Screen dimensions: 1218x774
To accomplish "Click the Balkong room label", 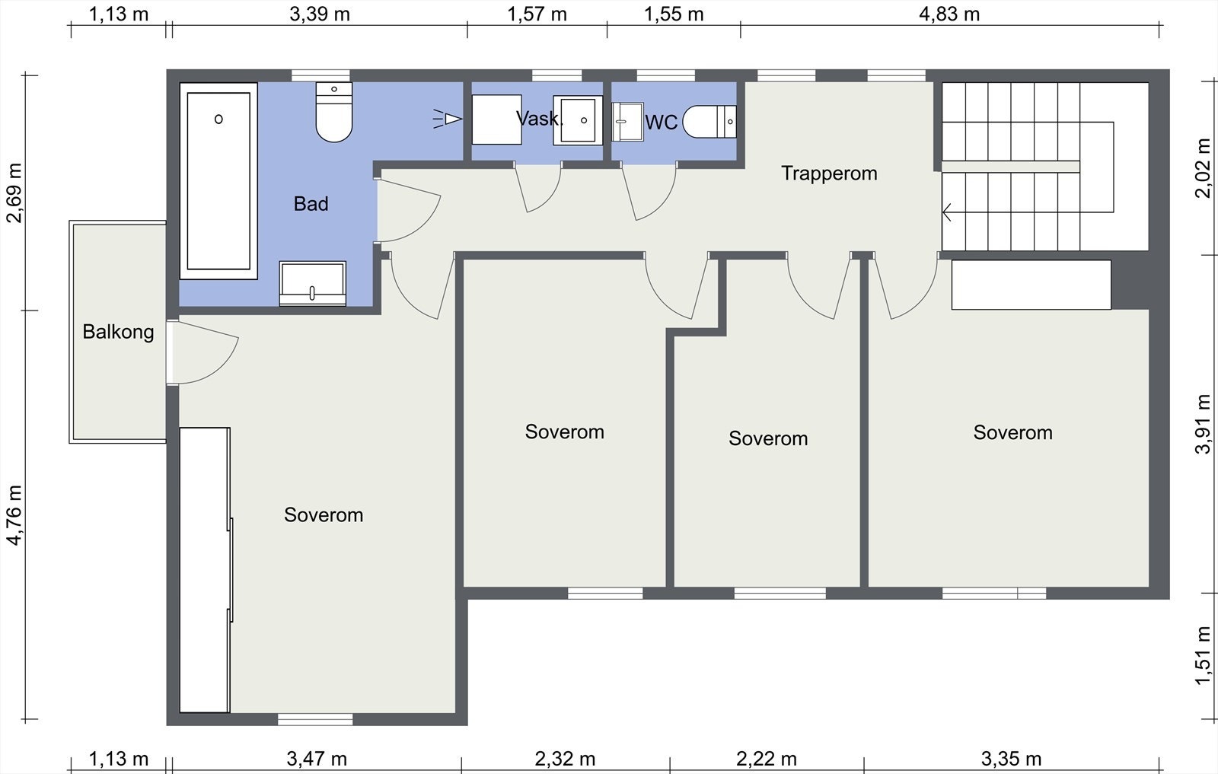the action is coord(118,332).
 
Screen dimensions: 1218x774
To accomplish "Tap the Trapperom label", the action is coord(829,174).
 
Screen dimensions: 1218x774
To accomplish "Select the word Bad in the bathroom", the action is coord(311,204).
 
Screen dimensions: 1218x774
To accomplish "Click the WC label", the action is coord(662,123).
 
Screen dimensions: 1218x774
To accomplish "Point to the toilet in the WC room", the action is coord(709,122).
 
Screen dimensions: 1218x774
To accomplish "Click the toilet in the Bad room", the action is coord(334,112).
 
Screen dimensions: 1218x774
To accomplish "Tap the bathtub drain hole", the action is coord(218,119).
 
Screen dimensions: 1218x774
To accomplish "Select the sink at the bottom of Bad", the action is coord(313,283).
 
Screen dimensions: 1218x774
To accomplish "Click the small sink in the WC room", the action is coord(627,122).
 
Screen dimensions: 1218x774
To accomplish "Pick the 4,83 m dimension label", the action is coord(949,14).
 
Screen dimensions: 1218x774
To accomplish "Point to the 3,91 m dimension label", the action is coord(1203,424).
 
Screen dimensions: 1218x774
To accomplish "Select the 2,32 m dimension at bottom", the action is coord(565,758).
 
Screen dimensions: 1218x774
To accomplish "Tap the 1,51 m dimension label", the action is coord(1203,655).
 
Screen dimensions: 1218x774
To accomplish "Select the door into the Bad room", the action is coord(408,210).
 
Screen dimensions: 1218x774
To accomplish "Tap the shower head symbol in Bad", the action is coord(448,119).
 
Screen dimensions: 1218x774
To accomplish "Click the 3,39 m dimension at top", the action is coord(320,14).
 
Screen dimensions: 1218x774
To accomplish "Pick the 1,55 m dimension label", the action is coord(674,14).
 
